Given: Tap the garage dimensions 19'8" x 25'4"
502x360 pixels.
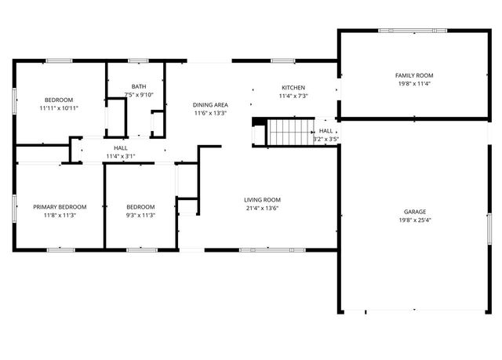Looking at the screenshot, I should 415,220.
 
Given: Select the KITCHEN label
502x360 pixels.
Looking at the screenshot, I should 293,87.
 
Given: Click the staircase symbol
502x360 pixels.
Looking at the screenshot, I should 289,132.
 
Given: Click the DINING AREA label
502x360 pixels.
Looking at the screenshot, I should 210,104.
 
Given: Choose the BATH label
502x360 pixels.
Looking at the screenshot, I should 139,86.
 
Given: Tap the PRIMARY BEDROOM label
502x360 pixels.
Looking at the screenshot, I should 60,207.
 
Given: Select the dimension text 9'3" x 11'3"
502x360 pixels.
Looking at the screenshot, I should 141,215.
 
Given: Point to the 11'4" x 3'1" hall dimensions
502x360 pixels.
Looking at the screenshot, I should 121,156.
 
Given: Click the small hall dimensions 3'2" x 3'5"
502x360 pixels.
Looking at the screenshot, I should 326,140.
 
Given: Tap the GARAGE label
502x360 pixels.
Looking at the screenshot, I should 415,212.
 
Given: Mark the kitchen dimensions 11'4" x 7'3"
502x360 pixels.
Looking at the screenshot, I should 293,96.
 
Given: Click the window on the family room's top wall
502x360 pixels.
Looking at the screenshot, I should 396,31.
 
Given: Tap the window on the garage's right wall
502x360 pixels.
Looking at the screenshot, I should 488,231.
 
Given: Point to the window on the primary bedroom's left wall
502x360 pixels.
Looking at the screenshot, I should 14,209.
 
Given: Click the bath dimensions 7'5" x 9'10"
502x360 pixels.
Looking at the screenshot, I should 139,95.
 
